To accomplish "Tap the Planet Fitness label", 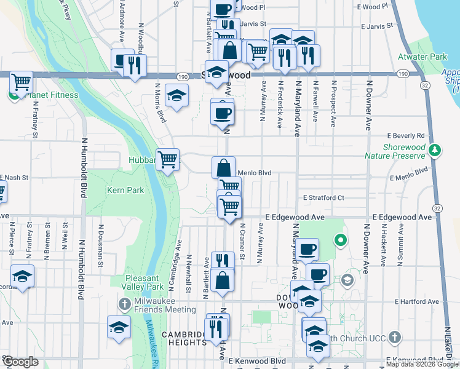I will click(x=51, y=95).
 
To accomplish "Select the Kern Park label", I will click(x=126, y=190).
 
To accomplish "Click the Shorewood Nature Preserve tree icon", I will click(x=435, y=149).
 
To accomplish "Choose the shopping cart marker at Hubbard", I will click(x=167, y=161).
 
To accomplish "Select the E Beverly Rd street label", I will click(x=406, y=135).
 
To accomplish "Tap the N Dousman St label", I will click(x=100, y=246).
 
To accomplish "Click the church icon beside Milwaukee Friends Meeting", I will click(x=124, y=304).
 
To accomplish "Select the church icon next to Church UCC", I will click(x=395, y=337).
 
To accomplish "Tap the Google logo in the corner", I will click(x=21, y=362).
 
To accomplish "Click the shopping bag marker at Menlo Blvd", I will click(x=224, y=167).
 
